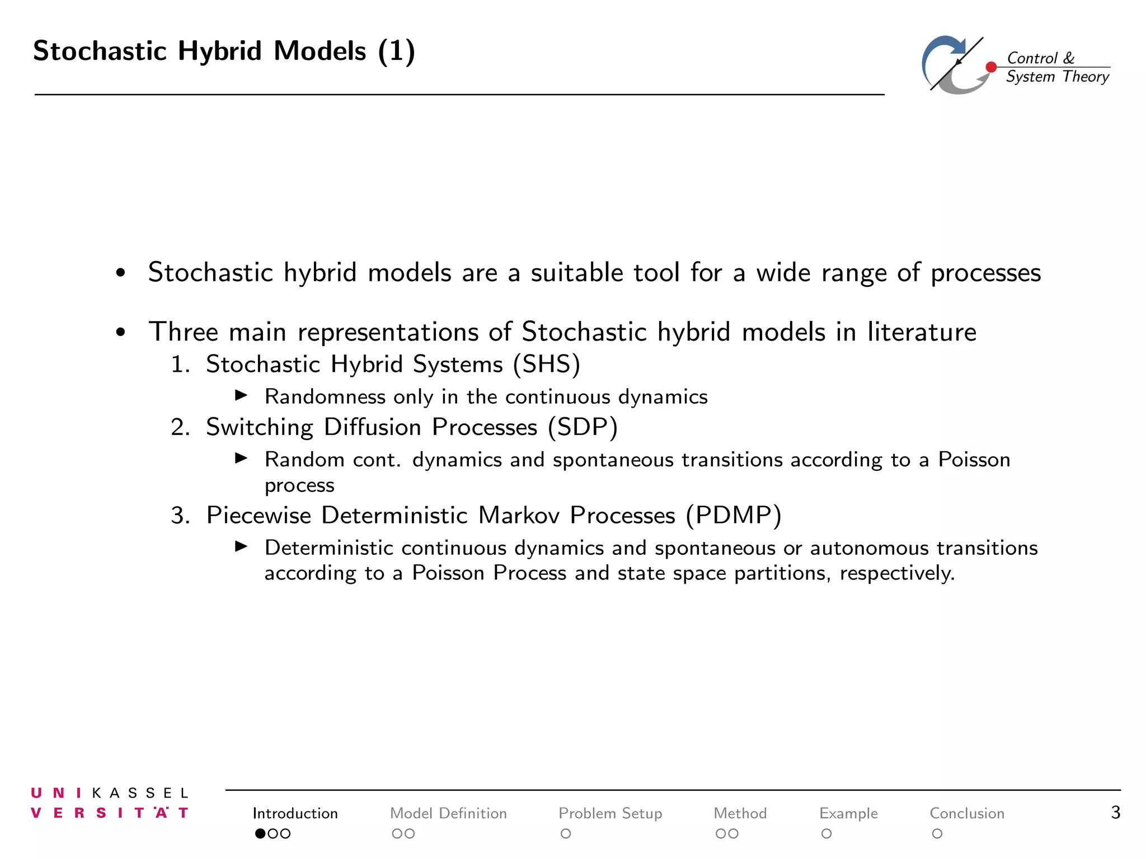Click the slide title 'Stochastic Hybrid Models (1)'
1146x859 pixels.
pos(224,51)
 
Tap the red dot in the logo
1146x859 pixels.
pos(991,67)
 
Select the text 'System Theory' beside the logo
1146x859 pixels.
pos(1057,77)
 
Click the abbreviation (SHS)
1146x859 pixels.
pos(546,364)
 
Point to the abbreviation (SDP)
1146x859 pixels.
pos(583,427)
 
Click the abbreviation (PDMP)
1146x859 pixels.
pos(734,515)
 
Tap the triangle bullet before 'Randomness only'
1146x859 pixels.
pos(241,395)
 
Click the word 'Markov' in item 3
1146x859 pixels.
pos(519,515)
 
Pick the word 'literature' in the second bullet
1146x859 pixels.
pos(922,332)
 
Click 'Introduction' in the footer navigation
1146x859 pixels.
pos(295,813)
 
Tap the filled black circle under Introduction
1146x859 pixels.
pos(260,834)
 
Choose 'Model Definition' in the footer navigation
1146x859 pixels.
pos(448,813)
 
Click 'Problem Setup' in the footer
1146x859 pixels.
pos(610,813)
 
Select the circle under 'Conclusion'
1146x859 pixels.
pos(937,834)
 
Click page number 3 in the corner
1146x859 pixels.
pos(1115,812)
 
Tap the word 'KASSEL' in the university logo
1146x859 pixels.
pos(140,793)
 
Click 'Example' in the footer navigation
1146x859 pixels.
pos(848,813)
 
